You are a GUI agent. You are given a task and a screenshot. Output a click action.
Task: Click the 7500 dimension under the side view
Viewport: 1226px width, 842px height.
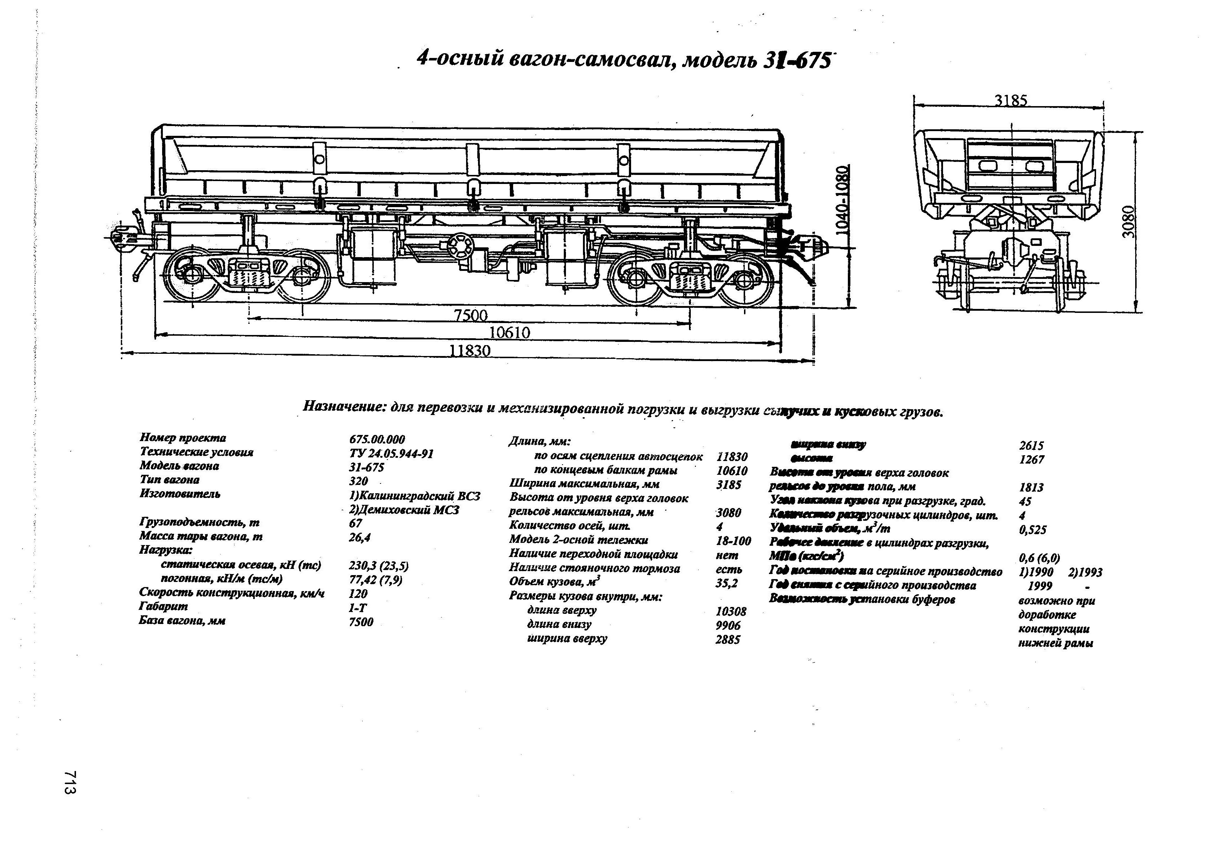pyautogui.click(x=470, y=315)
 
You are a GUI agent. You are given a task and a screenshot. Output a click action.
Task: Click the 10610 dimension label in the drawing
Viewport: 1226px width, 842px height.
pyautogui.click(x=509, y=332)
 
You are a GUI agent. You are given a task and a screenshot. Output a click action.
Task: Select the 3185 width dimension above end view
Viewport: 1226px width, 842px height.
pyautogui.click(x=1011, y=100)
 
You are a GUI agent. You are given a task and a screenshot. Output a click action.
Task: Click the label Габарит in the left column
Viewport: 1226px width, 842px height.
pyautogui.click(x=164, y=607)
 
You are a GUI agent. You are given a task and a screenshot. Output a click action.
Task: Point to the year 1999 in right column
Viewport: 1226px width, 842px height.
pyautogui.click(x=1040, y=586)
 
